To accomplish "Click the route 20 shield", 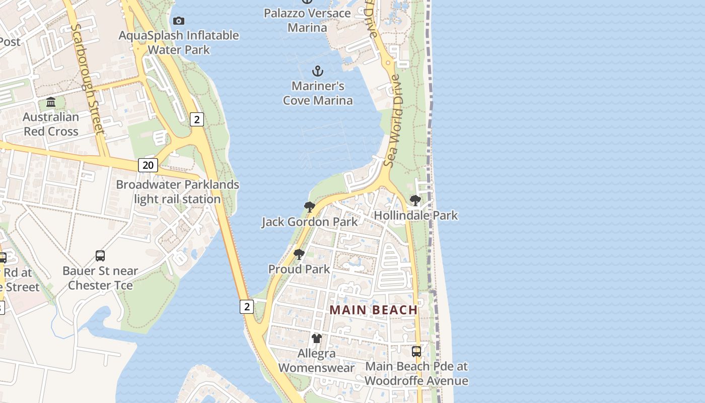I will pyautogui.click(x=148, y=165).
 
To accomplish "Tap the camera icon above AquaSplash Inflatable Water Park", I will pyautogui.click(x=178, y=21).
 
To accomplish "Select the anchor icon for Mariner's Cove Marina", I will pyautogui.click(x=317, y=71).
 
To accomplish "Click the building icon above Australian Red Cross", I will pyautogui.click(x=51, y=102).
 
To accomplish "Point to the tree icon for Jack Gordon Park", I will pyautogui.click(x=309, y=207).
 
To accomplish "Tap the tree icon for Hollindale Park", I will pyautogui.click(x=415, y=200).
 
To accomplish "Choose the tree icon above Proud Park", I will pyautogui.click(x=299, y=254).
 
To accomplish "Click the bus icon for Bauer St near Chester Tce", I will pyautogui.click(x=100, y=256).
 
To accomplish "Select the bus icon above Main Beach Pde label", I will pyautogui.click(x=416, y=352).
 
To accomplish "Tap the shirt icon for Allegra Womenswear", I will pyautogui.click(x=316, y=339).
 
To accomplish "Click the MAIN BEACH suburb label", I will pyautogui.click(x=374, y=310).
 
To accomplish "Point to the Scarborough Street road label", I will pyautogui.click(x=89, y=80).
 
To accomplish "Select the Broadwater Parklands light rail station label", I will pyautogui.click(x=177, y=192).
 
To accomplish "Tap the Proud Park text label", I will pyautogui.click(x=299, y=269).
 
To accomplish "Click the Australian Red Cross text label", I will pyautogui.click(x=51, y=124).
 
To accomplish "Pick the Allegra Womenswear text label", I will pyautogui.click(x=316, y=361).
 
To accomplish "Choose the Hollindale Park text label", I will pyautogui.click(x=416, y=216).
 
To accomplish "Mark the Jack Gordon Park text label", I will pyautogui.click(x=310, y=222).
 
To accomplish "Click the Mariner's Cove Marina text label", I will pyautogui.click(x=318, y=93).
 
